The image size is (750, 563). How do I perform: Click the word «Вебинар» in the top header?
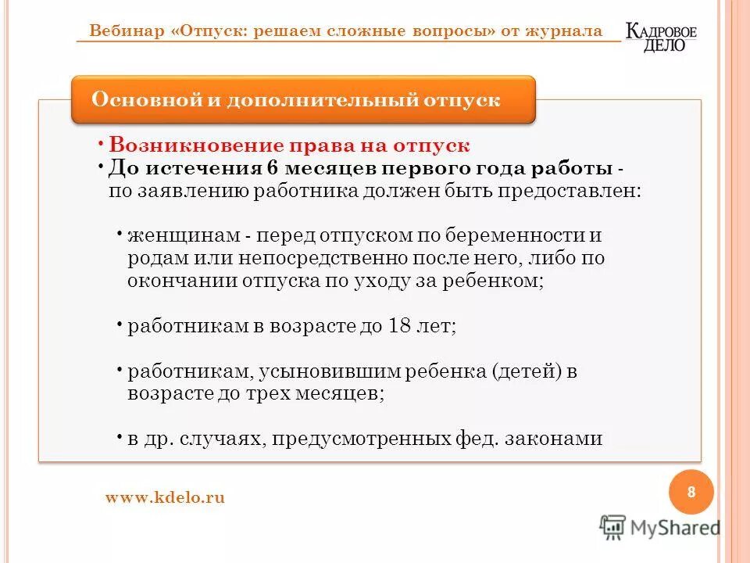(x=127, y=31)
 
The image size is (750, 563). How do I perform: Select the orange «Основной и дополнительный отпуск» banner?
(x=304, y=100)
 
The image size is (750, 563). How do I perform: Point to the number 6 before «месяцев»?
(x=272, y=168)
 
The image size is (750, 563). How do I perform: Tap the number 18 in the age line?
(x=400, y=326)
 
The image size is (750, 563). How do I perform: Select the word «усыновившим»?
(x=314, y=371)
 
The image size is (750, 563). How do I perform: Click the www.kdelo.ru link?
(x=165, y=497)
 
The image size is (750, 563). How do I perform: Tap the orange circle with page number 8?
(x=691, y=492)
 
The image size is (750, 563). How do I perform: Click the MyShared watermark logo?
(x=660, y=527)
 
